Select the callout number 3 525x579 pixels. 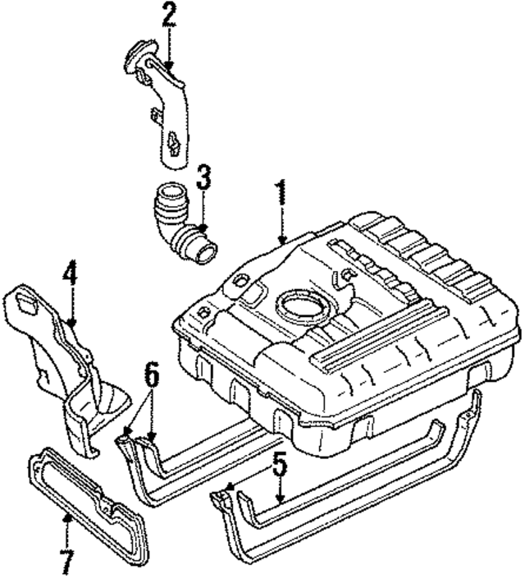pos(203,177)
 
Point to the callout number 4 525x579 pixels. pos(71,274)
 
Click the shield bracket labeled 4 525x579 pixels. pos(70,370)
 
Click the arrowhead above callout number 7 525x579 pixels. pos(66,520)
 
